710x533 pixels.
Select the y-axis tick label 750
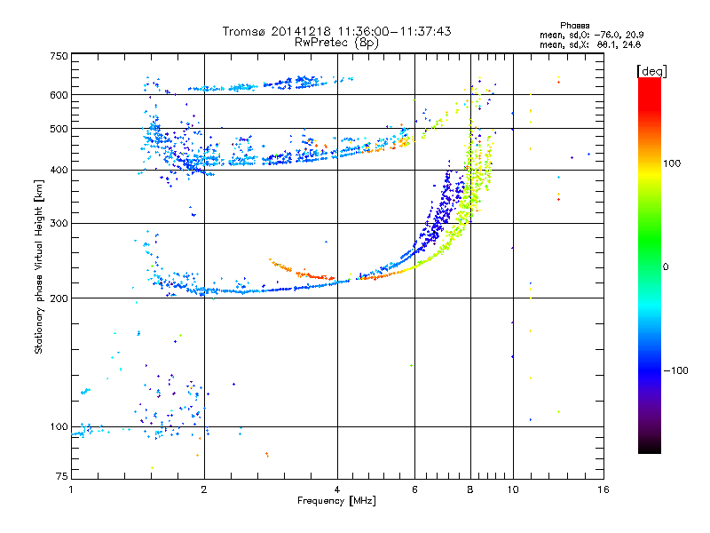tap(58, 55)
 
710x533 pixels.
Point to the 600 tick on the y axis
tap(58, 95)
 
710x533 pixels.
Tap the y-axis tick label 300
tap(58, 223)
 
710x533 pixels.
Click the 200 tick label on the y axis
tap(58, 298)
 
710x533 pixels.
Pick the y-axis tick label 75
tap(60, 480)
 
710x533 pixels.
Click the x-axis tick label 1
tap(71, 489)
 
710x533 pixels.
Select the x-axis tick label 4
tap(337, 489)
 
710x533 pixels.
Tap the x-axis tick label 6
tap(414, 489)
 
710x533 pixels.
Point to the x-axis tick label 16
tap(603, 489)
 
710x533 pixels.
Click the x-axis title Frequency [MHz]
tap(337, 501)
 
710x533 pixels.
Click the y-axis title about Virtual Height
tap(39, 267)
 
